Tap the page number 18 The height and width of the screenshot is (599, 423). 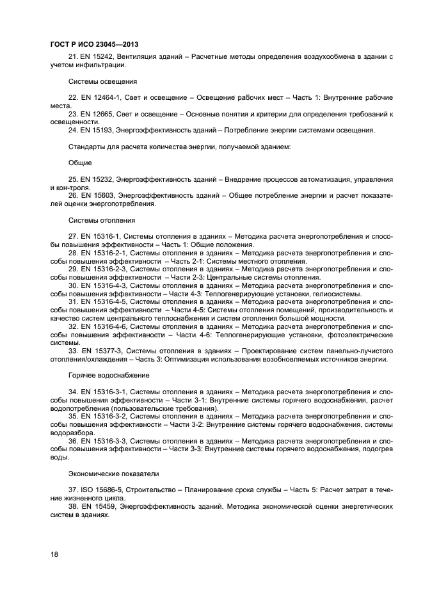(x=54, y=554)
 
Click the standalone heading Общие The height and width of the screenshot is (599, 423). (x=80, y=163)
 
